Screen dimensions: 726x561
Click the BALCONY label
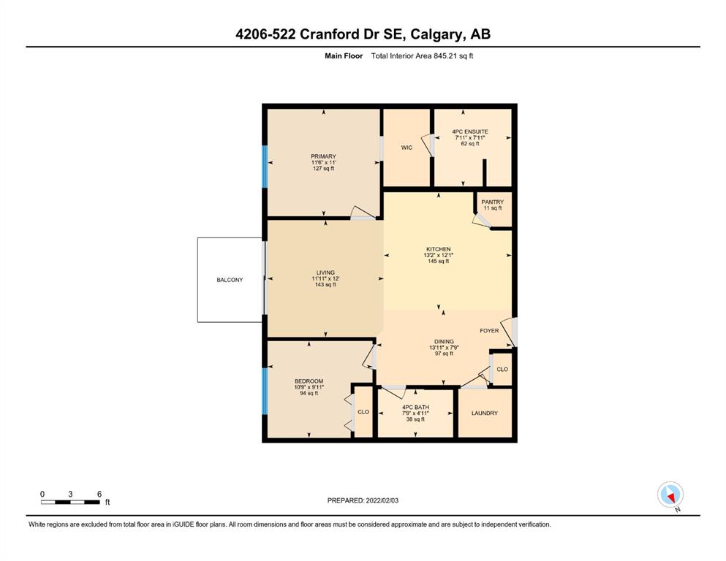pos(230,280)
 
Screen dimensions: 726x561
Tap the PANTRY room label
pos(492,202)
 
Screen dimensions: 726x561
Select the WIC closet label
pos(407,148)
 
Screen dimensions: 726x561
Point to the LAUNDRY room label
pos(484,413)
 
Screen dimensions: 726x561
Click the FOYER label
pos(489,331)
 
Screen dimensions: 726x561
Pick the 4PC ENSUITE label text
pos(470,131)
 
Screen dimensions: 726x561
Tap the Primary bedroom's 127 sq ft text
pos(323,168)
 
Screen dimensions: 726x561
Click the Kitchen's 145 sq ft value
pos(439,261)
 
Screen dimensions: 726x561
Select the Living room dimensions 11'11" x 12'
pos(325,278)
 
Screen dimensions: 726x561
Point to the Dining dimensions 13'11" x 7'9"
pos(444,347)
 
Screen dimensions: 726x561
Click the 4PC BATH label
pos(415,408)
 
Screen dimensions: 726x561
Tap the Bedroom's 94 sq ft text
pos(309,393)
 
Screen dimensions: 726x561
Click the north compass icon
pos(670,495)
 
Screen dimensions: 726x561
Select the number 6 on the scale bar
pos(99,494)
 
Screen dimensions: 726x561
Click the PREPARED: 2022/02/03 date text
pos(363,500)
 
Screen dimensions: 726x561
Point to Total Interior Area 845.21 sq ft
pos(422,56)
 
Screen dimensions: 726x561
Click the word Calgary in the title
pos(436,34)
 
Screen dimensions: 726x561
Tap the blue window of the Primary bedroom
pos(265,167)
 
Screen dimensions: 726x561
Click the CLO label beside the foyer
pos(502,369)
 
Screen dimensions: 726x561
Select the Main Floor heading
pos(344,56)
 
